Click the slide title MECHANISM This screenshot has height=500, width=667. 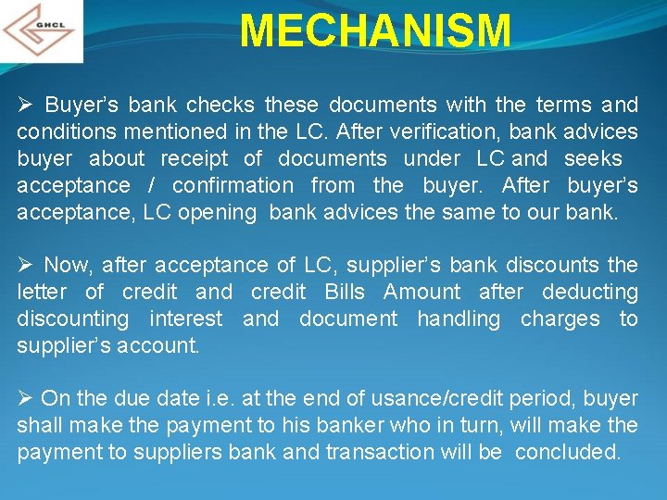click(374, 31)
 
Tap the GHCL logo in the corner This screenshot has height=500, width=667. click(41, 31)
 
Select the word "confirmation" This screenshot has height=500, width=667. click(233, 185)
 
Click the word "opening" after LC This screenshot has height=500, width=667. click(218, 212)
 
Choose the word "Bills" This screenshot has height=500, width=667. click(345, 292)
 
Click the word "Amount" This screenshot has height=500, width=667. click(422, 292)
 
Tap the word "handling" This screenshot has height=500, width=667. click(459, 319)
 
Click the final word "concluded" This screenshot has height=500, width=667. click(568, 453)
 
